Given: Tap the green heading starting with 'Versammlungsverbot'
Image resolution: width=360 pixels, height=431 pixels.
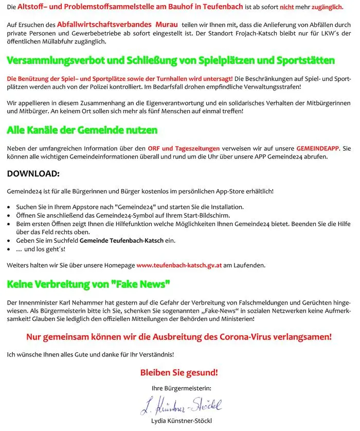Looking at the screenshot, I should pos(170,60).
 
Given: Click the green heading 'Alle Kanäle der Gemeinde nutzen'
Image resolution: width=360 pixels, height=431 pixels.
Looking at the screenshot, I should pos(82,130).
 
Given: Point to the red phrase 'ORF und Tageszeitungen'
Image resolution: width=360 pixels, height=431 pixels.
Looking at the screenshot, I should pos(184,148).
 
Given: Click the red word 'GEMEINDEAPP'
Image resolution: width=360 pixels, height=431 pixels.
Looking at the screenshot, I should pos(317,148).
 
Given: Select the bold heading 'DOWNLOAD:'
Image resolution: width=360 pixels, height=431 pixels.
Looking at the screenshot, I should pos(33,174).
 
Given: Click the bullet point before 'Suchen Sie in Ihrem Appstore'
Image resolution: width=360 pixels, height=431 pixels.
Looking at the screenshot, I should pos(10,207).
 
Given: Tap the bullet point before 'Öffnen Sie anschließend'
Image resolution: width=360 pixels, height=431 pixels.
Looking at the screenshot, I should pos(10,215).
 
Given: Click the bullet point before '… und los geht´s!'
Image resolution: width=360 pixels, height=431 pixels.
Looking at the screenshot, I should pos(10,249).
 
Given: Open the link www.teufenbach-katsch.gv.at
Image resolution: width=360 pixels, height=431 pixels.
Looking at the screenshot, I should pos(179,265).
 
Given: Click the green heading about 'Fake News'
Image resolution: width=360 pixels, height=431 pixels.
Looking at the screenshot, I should pos(88,283).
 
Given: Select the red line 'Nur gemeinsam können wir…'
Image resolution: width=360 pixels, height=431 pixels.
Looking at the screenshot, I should pos(179,337).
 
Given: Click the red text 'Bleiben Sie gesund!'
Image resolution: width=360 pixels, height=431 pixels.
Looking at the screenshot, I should pos(179,372).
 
